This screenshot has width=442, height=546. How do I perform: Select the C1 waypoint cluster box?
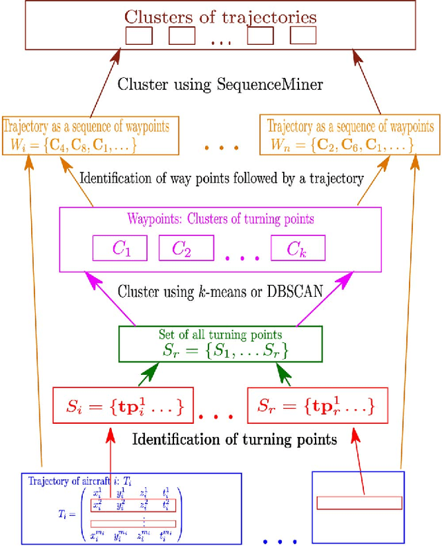pos(121,248)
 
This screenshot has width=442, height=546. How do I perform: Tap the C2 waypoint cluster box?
pos(182,248)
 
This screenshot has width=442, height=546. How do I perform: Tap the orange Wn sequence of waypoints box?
pos(350,136)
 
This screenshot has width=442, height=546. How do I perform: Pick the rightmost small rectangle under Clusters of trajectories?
pos(303,36)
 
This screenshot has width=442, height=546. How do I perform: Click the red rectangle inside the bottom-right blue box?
pos(358,503)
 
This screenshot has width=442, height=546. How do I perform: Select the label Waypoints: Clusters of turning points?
pos(221,220)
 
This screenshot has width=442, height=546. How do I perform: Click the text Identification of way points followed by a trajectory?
pos(221,179)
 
